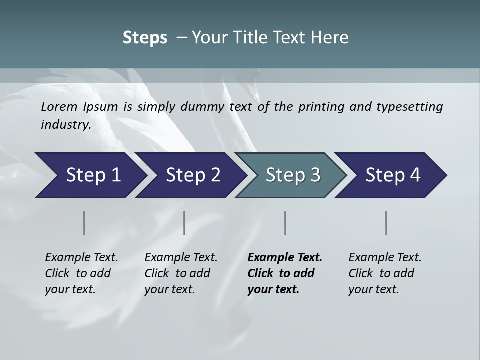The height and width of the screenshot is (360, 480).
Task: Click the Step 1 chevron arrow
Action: coord(90,175)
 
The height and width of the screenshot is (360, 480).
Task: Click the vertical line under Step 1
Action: coord(84,223)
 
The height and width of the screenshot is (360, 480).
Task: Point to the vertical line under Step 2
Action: coord(184,223)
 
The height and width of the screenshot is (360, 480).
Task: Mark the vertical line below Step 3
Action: coord(285,223)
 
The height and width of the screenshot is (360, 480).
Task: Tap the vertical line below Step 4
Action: coord(386,223)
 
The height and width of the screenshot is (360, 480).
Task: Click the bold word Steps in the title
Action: coord(145,38)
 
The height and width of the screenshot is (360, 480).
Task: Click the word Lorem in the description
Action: coord(59,107)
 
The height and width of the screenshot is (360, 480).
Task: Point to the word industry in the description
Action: coord(65,125)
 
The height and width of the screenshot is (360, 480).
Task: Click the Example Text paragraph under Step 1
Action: coord(81,273)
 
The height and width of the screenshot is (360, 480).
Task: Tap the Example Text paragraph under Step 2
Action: coord(181,273)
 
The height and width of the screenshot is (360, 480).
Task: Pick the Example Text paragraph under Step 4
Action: coord(385,273)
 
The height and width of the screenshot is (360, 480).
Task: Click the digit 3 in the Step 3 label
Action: coord(314,175)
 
